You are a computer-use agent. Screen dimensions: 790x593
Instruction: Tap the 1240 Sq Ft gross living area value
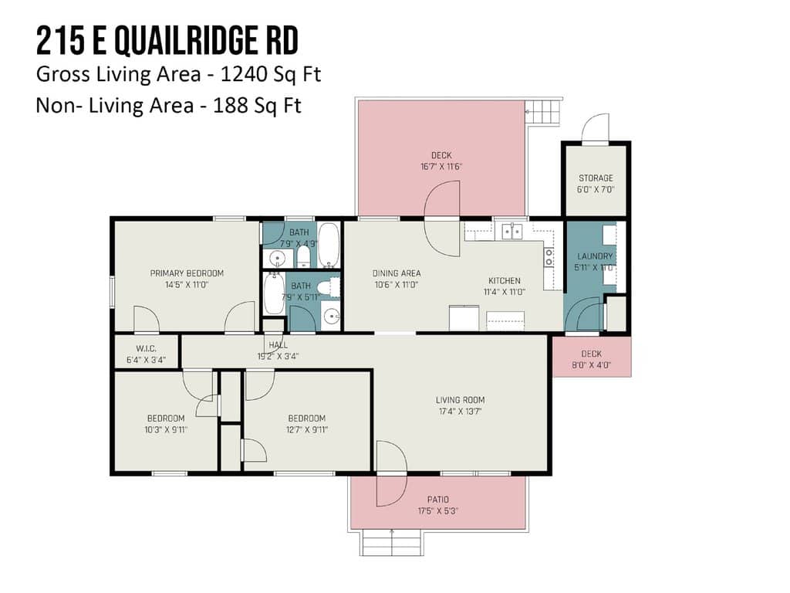coord(271,75)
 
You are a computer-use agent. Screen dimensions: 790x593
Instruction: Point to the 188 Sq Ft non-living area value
coord(257,106)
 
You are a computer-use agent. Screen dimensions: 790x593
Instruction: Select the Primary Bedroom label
coord(187,273)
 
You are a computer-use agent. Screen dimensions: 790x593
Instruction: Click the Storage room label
coord(596,178)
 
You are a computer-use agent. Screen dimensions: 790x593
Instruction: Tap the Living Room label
coord(460,400)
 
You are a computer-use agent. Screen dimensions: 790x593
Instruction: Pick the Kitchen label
coord(505,281)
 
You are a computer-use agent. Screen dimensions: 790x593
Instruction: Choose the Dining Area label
coord(397,273)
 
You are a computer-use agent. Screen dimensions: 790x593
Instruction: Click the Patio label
coord(438,500)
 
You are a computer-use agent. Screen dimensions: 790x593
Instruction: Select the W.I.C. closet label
coord(146,349)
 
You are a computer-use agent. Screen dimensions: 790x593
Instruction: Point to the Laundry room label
coord(595,256)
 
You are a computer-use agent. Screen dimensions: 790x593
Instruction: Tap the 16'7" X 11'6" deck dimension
coord(441,167)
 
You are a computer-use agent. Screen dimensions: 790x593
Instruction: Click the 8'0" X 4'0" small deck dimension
coord(592,365)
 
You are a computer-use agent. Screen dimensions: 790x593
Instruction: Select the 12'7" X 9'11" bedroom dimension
coord(307,429)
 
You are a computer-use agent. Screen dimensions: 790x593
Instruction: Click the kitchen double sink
coord(512,232)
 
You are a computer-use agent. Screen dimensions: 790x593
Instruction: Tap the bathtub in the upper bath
coord(329,245)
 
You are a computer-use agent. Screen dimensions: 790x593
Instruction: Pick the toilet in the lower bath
coord(329,288)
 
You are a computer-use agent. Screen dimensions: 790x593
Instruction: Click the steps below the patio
coord(392,543)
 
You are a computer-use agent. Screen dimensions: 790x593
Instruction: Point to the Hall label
coord(278,345)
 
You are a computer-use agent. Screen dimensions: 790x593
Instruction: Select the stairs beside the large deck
coord(543,113)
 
